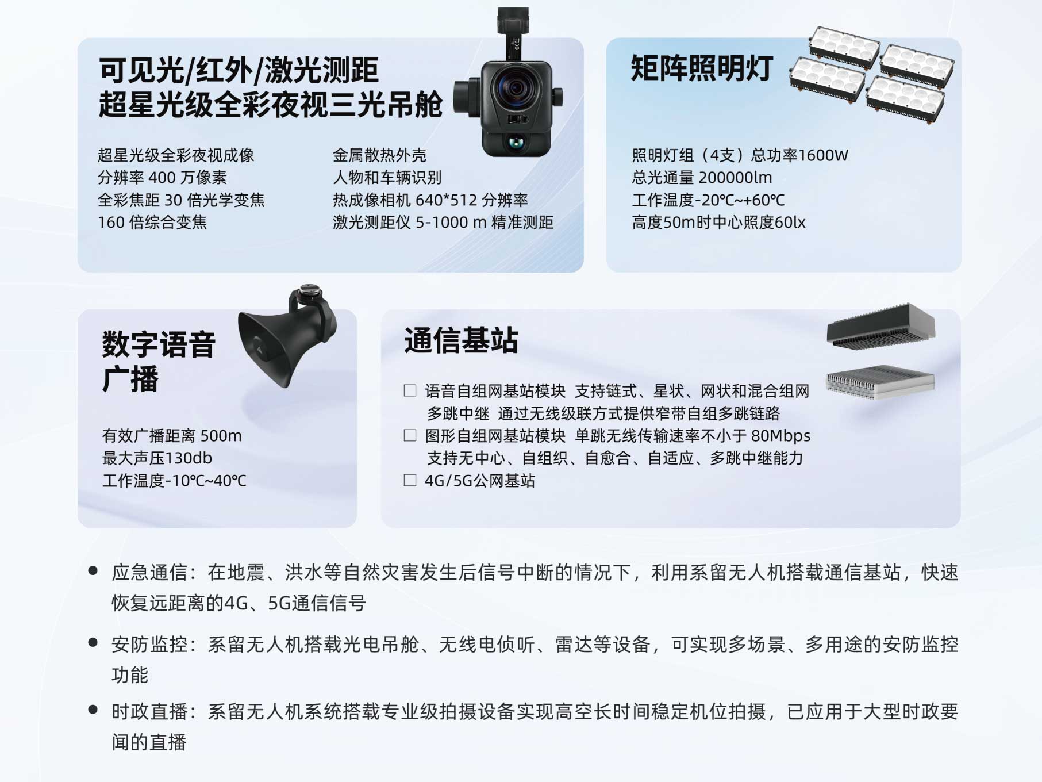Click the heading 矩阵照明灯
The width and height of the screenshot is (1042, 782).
702,68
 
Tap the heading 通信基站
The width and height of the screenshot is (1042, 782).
461,340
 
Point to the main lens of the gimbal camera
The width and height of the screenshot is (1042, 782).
515,88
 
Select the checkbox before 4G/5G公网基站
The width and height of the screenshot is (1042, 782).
410,480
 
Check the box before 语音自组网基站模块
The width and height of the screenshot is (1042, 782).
410,391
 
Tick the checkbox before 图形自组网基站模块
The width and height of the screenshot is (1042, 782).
410,435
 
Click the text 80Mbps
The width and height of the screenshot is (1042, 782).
780,436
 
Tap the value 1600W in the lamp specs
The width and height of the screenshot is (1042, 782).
823,155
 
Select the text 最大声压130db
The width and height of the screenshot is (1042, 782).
157,458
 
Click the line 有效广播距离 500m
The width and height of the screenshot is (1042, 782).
172,436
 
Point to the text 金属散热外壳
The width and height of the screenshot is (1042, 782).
379,155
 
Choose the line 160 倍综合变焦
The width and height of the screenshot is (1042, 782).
152,223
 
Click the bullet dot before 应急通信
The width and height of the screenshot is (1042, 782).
93,571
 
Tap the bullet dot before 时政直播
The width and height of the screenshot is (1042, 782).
93,710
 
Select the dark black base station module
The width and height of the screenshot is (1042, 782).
880,325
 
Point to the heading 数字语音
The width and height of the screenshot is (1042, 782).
159,344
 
